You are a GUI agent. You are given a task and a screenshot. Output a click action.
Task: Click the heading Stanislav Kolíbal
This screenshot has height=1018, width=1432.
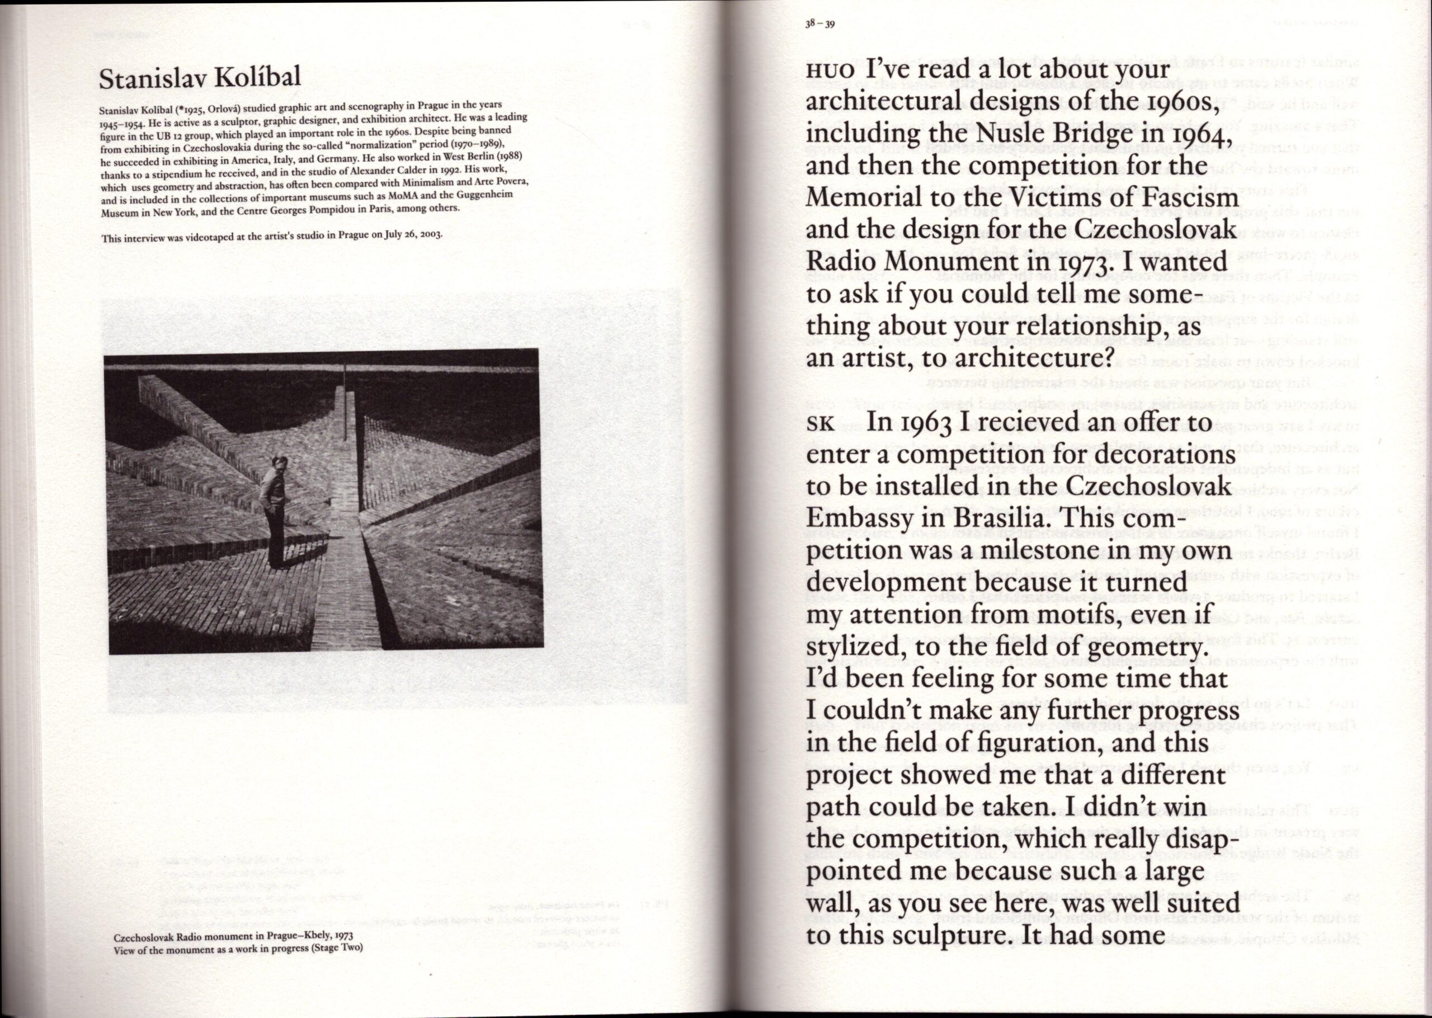pyautogui.click(x=199, y=78)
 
